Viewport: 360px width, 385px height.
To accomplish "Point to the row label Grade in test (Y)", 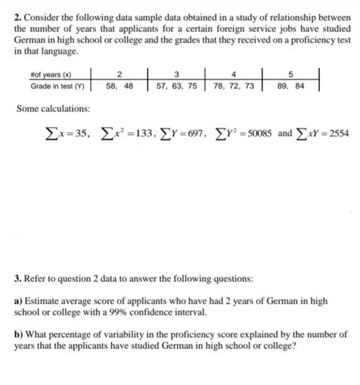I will point(57,86).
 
